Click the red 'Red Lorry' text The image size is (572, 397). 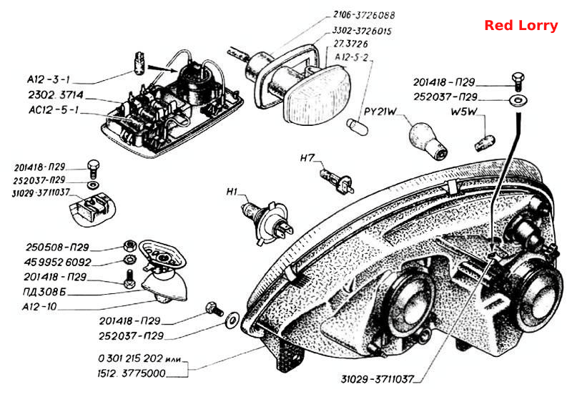(x=521, y=25)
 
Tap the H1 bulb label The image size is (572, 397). (x=232, y=192)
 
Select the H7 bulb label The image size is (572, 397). (x=307, y=158)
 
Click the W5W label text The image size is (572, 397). (x=463, y=112)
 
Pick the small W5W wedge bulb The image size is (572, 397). (x=485, y=142)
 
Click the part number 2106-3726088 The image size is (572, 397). (x=364, y=15)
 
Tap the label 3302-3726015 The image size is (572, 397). (x=362, y=31)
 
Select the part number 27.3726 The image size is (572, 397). (x=350, y=44)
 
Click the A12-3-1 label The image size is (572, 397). (x=48, y=79)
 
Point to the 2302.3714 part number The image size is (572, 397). (x=56, y=95)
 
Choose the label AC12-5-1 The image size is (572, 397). (x=54, y=110)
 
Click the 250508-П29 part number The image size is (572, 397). (x=57, y=247)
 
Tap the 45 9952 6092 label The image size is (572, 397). (x=57, y=262)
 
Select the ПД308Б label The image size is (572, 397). (x=44, y=292)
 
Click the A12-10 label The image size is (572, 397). (x=39, y=306)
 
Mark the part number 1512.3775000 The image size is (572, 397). (x=132, y=373)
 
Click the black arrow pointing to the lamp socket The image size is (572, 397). (x=162, y=68)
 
